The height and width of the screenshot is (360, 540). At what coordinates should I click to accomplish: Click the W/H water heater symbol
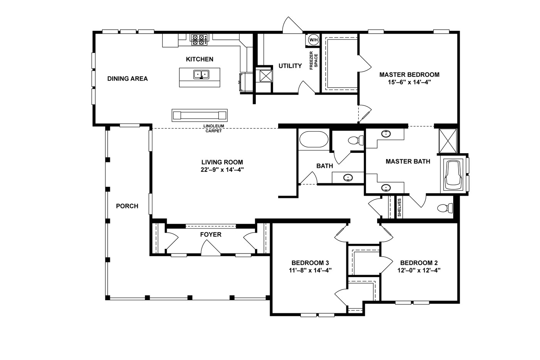click(x=313, y=40)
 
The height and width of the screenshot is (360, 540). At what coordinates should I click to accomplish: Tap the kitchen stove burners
click(x=199, y=40)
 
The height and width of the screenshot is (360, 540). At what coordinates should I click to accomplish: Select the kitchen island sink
click(x=201, y=74)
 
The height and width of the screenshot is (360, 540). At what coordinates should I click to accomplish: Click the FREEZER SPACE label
click(x=314, y=60)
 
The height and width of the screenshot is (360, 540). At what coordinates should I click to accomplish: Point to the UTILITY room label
click(x=290, y=66)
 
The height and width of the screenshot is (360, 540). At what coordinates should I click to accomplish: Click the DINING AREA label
click(x=127, y=79)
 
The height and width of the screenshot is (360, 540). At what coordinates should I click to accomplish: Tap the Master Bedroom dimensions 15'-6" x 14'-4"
click(x=409, y=82)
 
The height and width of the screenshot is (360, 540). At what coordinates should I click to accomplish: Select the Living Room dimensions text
click(x=222, y=170)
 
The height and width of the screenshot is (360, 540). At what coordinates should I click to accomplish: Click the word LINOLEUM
click(x=214, y=126)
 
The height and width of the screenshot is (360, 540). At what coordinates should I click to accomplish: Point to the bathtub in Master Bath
click(x=454, y=175)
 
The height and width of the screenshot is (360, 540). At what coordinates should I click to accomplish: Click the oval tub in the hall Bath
click(x=314, y=139)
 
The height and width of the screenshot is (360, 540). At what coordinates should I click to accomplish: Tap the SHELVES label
click(x=399, y=207)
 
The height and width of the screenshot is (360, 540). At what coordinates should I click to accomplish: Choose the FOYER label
click(x=211, y=234)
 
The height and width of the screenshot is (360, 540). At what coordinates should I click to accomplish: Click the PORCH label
click(x=127, y=206)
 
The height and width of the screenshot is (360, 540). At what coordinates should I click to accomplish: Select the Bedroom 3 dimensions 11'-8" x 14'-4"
click(x=310, y=270)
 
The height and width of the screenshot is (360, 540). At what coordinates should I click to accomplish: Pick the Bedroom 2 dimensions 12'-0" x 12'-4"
click(x=419, y=270)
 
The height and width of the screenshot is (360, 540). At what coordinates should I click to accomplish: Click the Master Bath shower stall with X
click(x=448, y=141)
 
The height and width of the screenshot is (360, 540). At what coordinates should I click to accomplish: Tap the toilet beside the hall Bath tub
click(x=356, y=140)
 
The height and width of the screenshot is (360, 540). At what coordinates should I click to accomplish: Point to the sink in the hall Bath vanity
click(x=348, y=178)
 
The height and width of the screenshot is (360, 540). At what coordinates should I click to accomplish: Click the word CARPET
click(x=214, y=131)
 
